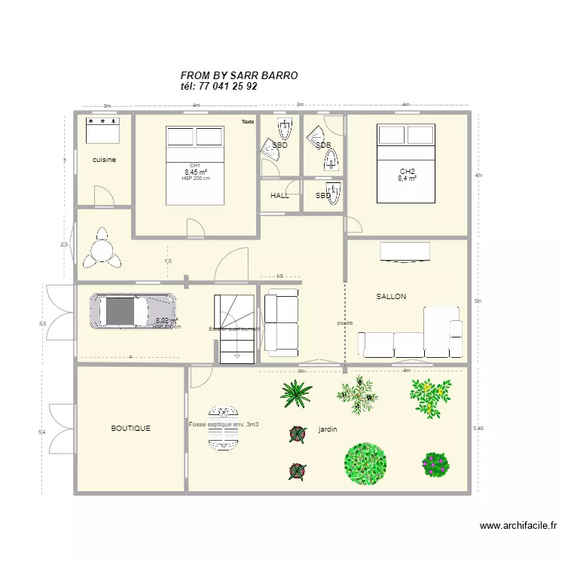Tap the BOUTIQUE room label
130,428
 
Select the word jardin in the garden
328,429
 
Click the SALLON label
391,297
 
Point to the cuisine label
104,160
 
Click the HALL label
279,196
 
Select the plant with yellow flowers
430,397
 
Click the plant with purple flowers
435,463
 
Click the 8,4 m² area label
407,179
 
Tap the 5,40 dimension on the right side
478,428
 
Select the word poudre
345,323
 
